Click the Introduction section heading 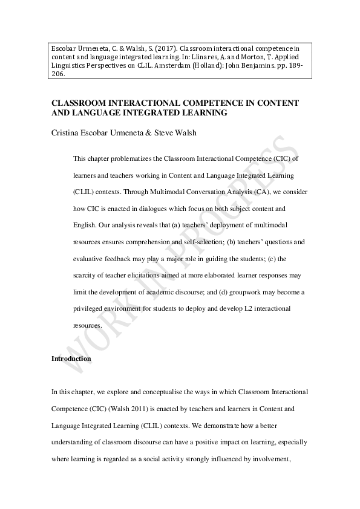point(71,358)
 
